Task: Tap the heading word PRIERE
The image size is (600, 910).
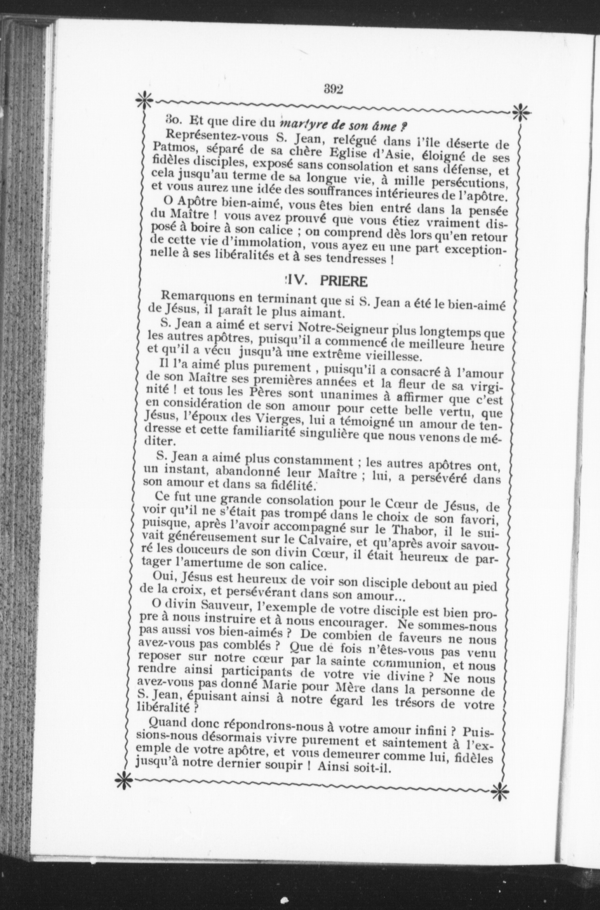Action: click(x=343, y=282)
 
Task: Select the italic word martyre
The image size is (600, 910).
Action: click(x=301, y=124)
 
